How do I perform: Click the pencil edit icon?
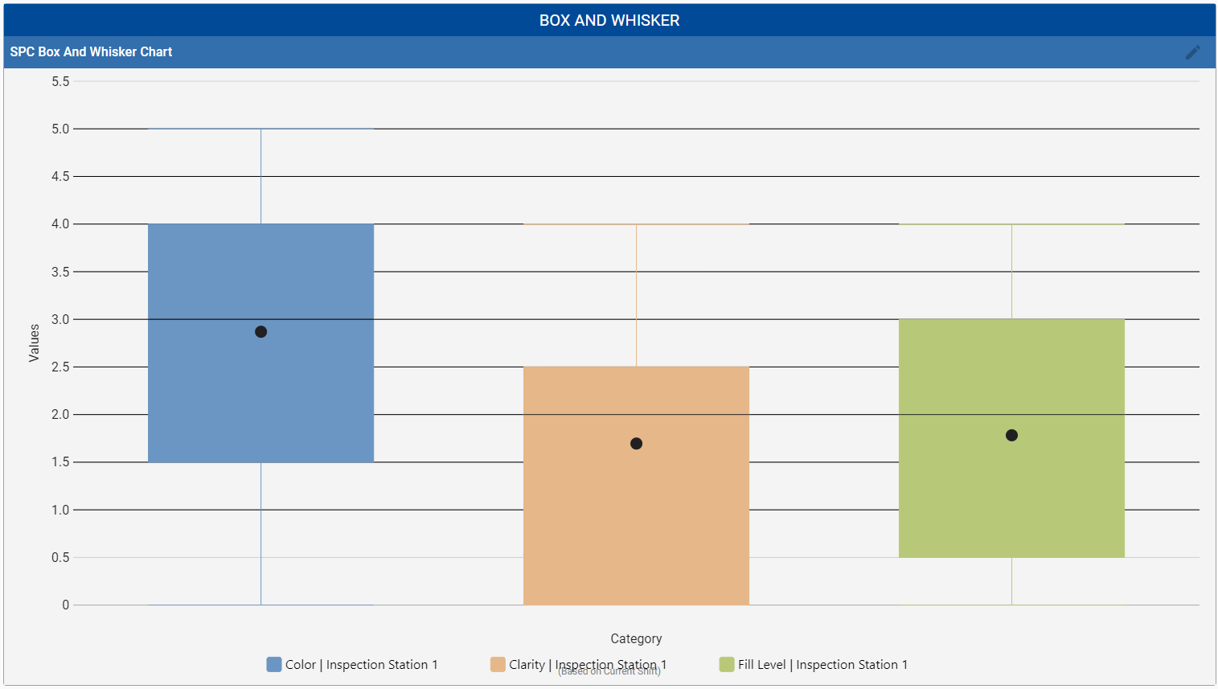[1192, 52]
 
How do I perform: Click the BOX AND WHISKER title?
[609, 21]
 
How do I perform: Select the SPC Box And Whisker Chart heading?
[91, 52]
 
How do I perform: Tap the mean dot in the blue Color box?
[260, 332]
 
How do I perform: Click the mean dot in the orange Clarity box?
[636, 444]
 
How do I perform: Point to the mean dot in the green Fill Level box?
[1011, 436]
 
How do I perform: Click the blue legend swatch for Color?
[274, 665]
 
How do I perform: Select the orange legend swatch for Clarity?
[498, 665]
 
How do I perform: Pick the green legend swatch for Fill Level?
[727, 665]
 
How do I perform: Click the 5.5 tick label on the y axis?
[60, 81]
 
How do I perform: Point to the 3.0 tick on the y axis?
[60, 319]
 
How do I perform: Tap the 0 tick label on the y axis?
[65, 605]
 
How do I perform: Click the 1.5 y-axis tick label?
[60, 462]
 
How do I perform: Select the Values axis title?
[34, 342]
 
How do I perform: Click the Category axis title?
[636, 639]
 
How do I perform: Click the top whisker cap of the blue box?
[260, 129]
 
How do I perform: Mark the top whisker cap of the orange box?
[636, 224]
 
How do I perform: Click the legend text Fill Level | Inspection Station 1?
[822, 665]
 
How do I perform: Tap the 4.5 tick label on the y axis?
[60, 177]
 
